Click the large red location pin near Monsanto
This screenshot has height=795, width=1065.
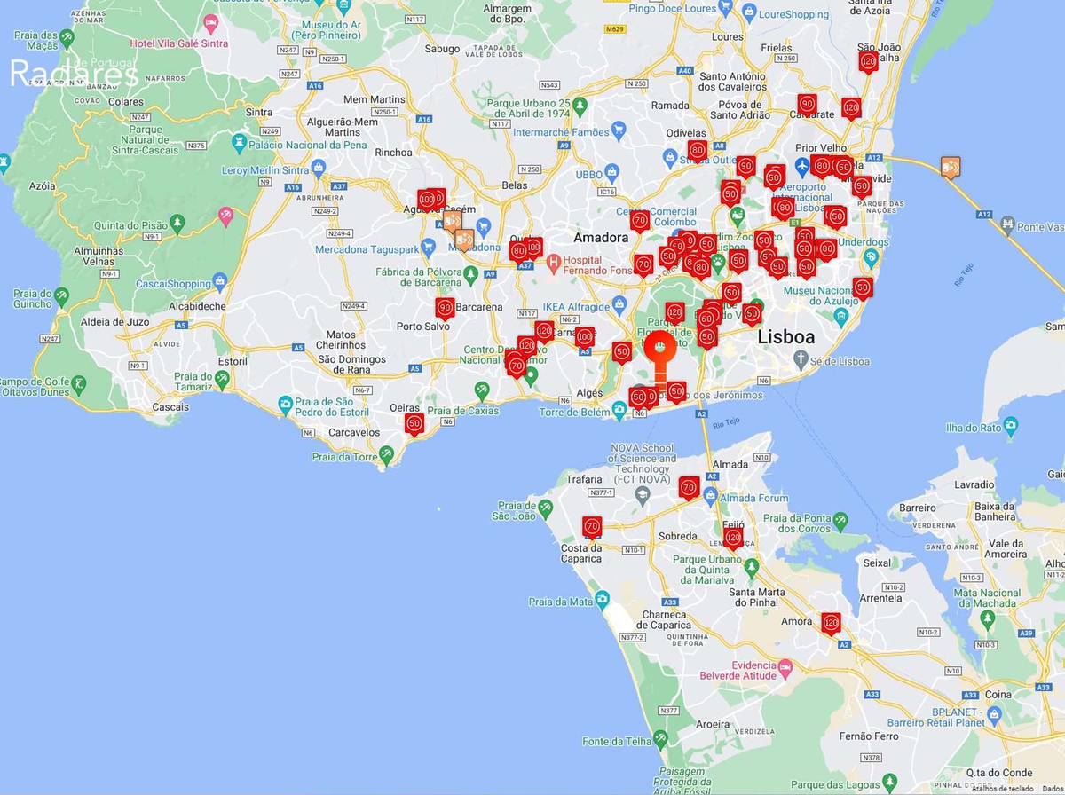(x=659, y=347)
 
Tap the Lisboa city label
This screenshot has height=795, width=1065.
(x=785, y=337)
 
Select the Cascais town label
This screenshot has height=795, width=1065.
(x=170, y=407)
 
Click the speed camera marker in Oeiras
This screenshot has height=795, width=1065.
(x=414, y=423)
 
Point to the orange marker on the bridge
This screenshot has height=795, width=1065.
(x=951, y=166)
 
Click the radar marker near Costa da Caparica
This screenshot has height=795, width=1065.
(x=592, y=526)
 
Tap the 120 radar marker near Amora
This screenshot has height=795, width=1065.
(x=831, y=622)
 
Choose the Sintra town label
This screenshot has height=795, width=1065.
(x=258, y=112)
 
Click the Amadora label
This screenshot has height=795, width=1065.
(x=601, y=238)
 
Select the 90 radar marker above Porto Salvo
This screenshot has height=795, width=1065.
(x=445, y=308)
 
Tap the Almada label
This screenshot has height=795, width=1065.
(x=730, y=464)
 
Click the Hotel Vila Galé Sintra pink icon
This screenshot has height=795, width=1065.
(x=210, y=23)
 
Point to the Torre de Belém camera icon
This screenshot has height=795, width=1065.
(x=619, y=409)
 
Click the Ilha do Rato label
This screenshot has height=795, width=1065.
(x=973, y=428)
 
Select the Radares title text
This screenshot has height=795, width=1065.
(x=73, y=75)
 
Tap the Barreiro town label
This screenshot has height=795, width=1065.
(x=919, y=508)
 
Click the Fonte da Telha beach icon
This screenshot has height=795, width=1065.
(x=661, y=738)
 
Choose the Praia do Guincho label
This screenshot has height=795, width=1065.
(x=32, y=299)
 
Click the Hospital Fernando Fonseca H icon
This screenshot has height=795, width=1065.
(x=554, y=262)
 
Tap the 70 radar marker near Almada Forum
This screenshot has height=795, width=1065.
(x=689, y=486)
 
